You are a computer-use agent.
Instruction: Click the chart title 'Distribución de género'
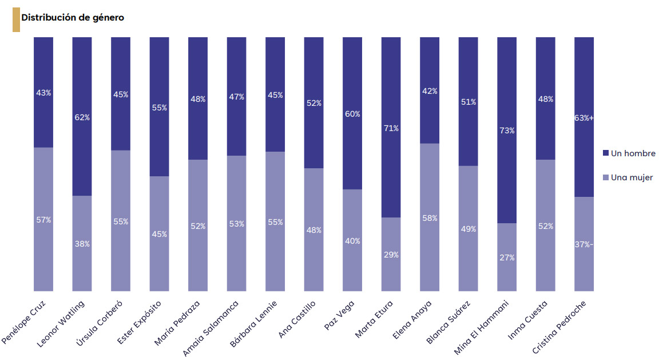pos(73,18)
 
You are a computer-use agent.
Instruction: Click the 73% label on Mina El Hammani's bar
pos(506,130)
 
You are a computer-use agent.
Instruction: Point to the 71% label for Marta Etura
pos(391,128)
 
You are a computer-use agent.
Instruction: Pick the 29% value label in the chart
pos(391,255)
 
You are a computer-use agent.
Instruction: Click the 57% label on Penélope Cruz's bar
pos(43,220)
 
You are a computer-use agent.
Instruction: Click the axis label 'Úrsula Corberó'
pos(103,322)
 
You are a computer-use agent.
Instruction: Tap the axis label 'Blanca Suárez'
pos(451,323)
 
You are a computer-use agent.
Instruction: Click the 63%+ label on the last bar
pos(583,118)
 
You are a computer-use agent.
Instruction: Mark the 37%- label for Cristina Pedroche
pos(583,245)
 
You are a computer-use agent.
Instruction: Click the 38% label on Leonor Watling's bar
pos(82,244)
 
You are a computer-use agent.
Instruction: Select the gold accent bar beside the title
pos(16,20)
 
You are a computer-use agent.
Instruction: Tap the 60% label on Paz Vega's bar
pos(352,114)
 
